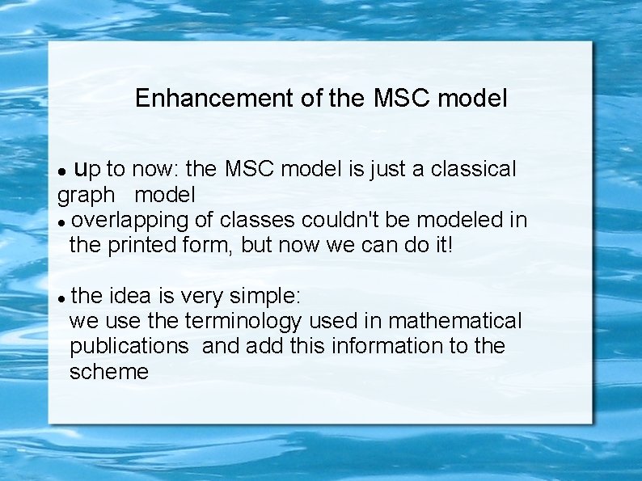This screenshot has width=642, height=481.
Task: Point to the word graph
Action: [86, 196]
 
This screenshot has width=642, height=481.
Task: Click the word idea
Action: [129, 296]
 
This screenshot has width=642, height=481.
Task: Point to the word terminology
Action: [243, 321]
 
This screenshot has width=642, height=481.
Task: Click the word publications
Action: [129, 346]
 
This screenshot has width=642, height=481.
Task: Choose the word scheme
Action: [109, 372]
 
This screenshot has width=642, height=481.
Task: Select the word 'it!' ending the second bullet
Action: [443, 244]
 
